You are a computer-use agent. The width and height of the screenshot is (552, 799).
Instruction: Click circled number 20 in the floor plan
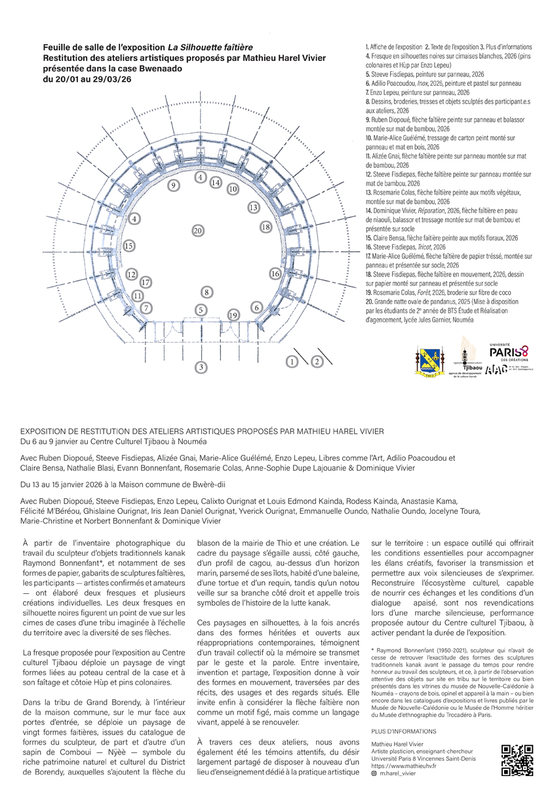197,230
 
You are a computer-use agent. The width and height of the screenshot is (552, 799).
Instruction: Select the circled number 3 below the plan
201,367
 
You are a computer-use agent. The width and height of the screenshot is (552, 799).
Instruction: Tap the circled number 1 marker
292,361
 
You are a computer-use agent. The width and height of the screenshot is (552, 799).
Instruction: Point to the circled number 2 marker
317,361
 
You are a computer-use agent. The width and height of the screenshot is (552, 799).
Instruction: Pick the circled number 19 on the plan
233,315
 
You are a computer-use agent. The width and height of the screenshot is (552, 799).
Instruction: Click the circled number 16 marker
275,273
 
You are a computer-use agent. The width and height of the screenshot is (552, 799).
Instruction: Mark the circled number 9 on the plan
174,185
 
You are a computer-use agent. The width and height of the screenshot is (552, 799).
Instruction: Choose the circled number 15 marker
129,246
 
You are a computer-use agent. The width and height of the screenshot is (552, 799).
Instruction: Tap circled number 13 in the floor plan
253,207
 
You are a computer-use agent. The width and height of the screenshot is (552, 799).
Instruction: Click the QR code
514,761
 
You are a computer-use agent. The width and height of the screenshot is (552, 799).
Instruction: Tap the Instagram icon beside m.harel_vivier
374,773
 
